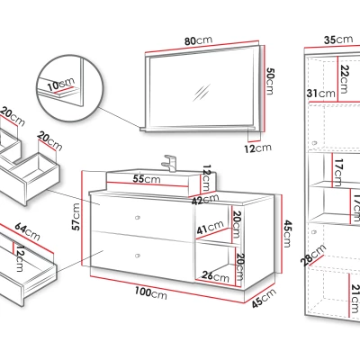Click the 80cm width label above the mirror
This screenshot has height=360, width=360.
[198, 40]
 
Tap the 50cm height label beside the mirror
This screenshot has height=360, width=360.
[270, 81]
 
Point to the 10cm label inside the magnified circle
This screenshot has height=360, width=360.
[61, 84]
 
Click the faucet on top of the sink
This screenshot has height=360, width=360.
[169, 163]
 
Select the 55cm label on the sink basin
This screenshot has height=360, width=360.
[147, 179]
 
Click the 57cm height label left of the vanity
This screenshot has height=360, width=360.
[76, 217]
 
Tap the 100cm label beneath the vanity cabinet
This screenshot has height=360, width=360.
[150, 292]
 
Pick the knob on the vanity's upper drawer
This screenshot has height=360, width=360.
[138, 217]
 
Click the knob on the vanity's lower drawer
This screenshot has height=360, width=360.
[138, 256]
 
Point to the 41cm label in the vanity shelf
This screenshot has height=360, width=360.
[211, 227]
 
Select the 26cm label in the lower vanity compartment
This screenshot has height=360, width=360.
[215, 276]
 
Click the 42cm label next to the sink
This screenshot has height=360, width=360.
[205, 200]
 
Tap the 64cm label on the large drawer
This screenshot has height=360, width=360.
[27, 231]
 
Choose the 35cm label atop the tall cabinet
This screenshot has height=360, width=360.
[338, 40]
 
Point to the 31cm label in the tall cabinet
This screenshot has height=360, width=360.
[320, 94]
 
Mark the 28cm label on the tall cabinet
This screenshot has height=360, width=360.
[313, 255]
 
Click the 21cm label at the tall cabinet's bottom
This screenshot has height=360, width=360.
[355, 299]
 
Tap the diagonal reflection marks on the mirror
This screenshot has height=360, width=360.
[202, 93]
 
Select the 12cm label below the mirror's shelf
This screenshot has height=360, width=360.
[257, 148]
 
